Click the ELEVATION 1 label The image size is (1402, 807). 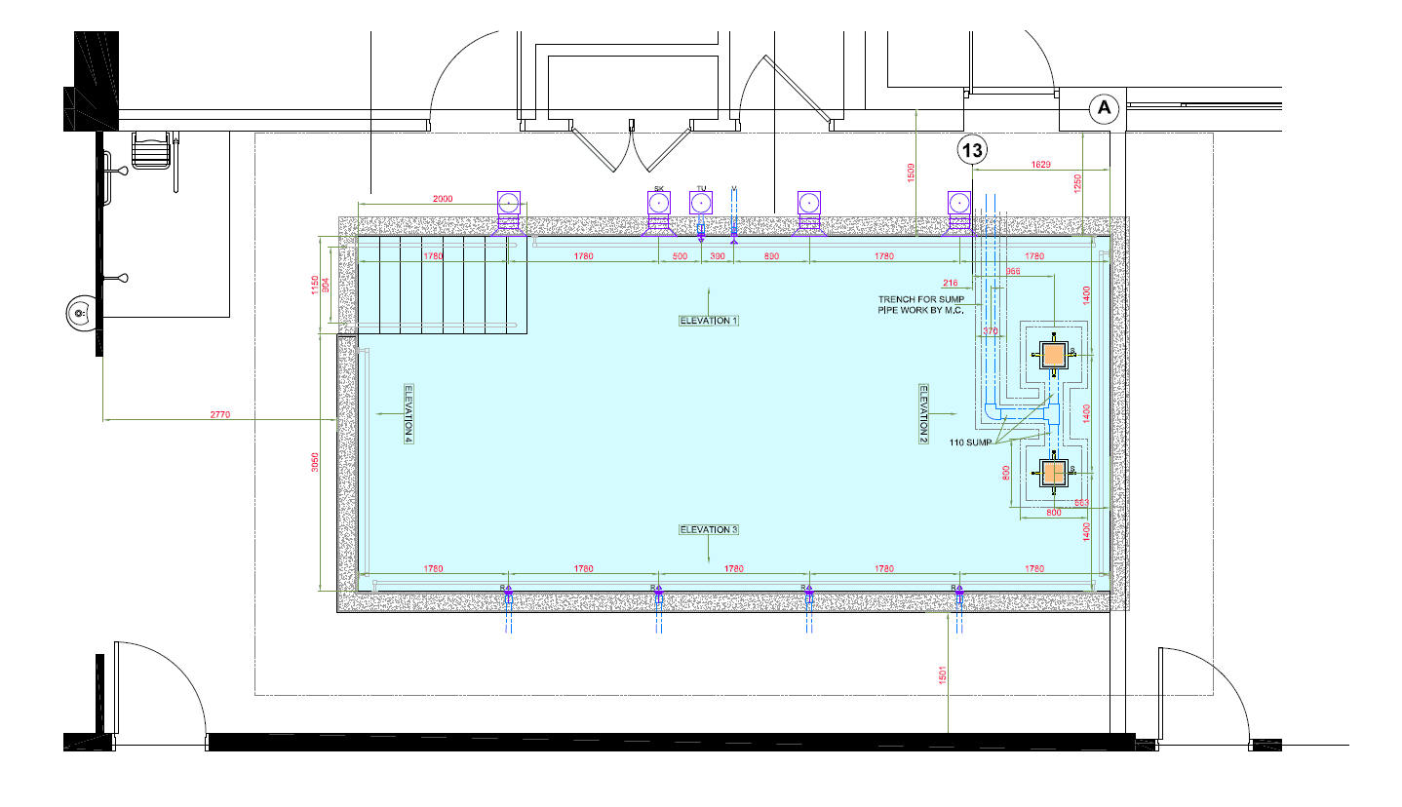pyautogui.click(x=709, y=321)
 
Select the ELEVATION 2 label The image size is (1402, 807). pyautogui.click(x=923, y=413)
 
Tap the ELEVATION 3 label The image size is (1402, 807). pyautogui.click(x=709, y=530)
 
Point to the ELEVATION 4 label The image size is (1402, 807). pyautogui.click(x=409, y=413)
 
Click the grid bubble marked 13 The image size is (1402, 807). pyautogui.click(x=972, y=150)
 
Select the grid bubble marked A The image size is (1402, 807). pyautogui.click(x=1104, y=108)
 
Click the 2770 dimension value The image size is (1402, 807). pyautogui.click(x=219, y=415)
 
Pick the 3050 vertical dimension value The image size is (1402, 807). pyautogui.click(x=314, y=465)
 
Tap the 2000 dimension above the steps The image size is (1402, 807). pyautogui.click(x=442, y=199)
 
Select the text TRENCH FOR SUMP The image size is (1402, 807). pyautogui.click(x=918, y=299)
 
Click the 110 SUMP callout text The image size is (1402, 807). pyautogui.click(x=970, y=442)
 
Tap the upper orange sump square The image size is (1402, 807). pyautogui.click(x=1053, y=356)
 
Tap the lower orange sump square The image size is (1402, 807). pyautogui.click(x=1053, y=473)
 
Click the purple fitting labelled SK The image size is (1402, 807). pyautogui.click(x=659, y=203)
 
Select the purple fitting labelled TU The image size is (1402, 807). pyautogui.click(x=701, y=203)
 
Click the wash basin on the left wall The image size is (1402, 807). pyautogui.click(x=80, y=314)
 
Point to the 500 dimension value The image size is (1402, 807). pyautogui.click(x=680, y=256)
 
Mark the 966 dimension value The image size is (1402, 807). pyautogui.click(x=1012, y=272)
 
